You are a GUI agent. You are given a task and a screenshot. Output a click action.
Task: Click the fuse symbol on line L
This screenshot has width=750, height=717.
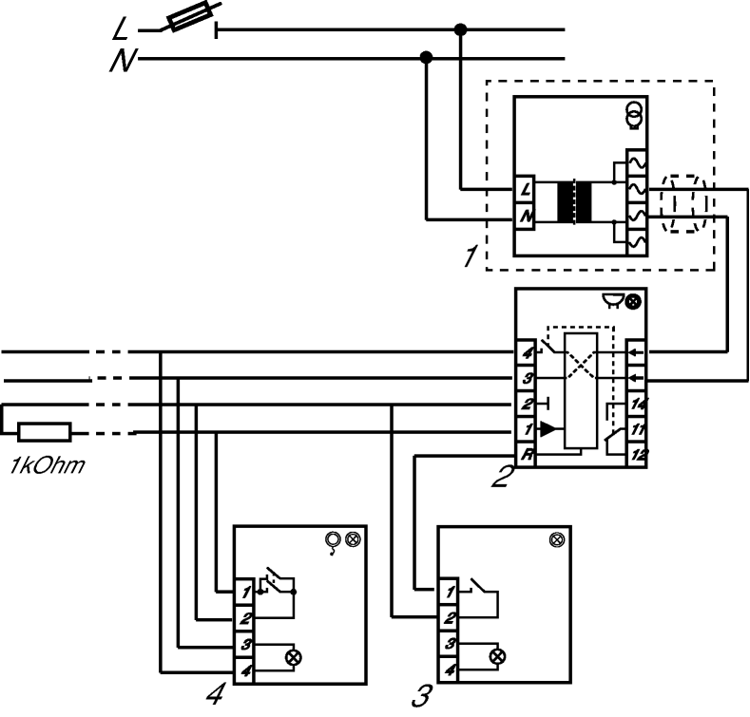tap(189, 17)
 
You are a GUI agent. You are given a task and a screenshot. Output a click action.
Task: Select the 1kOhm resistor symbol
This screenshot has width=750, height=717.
tap(45, 432)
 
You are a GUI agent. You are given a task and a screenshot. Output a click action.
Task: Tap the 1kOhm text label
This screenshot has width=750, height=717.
tap(48, 465)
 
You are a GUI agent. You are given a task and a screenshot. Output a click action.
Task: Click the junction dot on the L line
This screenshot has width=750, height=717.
tap(460, 29)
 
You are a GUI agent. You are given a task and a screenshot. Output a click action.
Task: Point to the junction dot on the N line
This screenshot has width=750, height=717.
tap(426, 58)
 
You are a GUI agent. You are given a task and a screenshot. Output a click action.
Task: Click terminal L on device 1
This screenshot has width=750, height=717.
tap(525, 190)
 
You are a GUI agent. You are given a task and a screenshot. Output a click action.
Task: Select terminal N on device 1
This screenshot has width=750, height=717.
tap(525, 217)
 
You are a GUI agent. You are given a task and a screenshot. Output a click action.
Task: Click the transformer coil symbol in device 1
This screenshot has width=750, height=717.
tap(574, 201)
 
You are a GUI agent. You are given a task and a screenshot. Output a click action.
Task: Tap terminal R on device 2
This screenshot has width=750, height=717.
tap(527, 454)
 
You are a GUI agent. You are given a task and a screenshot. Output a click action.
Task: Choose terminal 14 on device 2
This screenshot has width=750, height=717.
tap(637, 405)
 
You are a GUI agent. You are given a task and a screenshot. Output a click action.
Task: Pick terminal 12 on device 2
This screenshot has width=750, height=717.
tap(637, 454)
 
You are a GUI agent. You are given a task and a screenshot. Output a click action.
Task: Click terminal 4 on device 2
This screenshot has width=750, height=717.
tap(527, 353)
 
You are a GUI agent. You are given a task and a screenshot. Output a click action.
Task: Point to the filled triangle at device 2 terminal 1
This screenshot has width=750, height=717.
tap(548, 429)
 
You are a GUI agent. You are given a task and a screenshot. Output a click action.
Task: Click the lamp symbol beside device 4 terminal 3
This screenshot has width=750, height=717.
tap(293, 657)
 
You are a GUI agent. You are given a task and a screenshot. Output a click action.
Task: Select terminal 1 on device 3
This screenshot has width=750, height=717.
tap(448, 592)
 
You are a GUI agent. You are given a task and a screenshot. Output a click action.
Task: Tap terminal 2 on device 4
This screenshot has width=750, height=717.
tap(244, 619)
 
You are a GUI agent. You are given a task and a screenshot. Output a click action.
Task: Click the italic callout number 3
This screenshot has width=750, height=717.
tap(422, 695)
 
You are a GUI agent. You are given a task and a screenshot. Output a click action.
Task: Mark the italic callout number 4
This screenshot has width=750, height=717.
tap(216, 692)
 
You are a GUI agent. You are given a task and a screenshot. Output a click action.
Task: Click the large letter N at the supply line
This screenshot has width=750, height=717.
tap(124, 61)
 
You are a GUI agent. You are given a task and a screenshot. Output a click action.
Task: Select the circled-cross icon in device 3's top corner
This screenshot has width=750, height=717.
tap(557, 540)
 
